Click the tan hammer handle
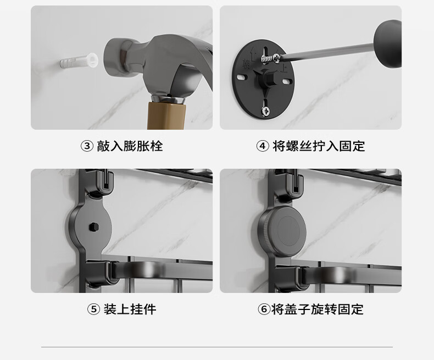(166, 116)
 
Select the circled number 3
(87, 146)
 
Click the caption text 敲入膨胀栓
(130, 146)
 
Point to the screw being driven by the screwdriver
(271, 58)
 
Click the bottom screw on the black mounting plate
(266, 112)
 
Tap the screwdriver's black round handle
(387, 44)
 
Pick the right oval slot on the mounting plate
(287, 82)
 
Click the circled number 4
(263, 146)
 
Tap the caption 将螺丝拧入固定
(319, 146)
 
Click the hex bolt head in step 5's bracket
(94, 227)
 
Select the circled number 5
(93, 309)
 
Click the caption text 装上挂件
(130, 309)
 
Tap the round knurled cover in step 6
(282, 231)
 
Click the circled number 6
(264, 309)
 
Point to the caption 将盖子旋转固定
(317, 309)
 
